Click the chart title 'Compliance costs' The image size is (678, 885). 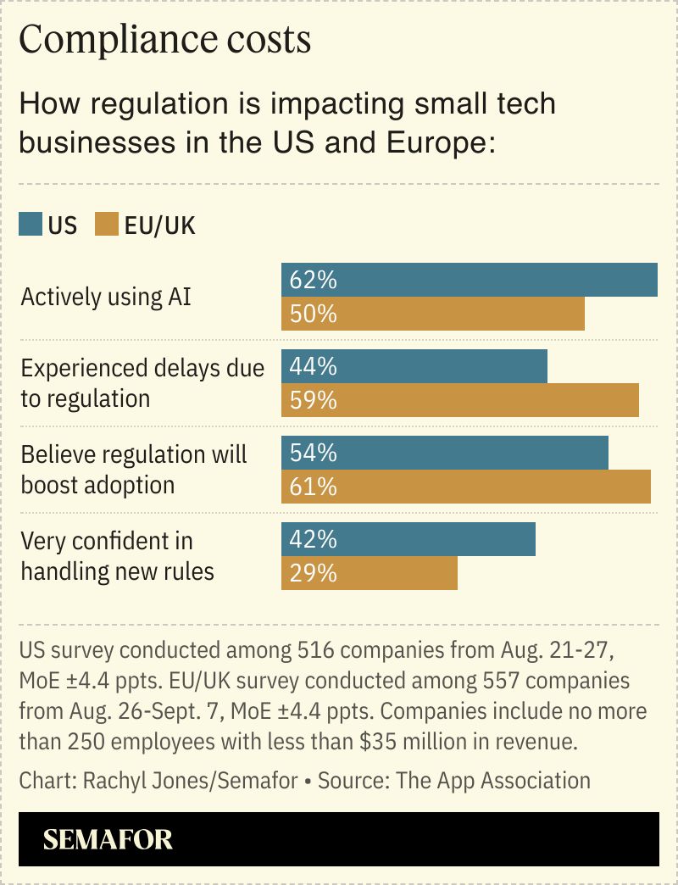[x=164, y=40]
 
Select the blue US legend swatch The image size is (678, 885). [x=31, y=225]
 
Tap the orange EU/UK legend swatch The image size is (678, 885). [x=107, y=225]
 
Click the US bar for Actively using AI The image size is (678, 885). [x=470, y=280]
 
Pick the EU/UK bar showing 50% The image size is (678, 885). [x=433, y=314]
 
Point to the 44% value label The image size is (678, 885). [x=313, y=366]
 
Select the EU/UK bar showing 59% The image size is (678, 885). [x=460, y=400]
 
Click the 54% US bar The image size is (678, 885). [x=445, y=453]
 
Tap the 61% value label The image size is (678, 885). [x=313, y=487]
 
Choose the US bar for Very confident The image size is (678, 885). [x=408, y=539]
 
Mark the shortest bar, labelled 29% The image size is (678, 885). [x=370, y=573]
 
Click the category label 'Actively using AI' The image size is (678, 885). [x=106, y=298]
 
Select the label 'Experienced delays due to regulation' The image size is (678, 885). [x=142, y=383]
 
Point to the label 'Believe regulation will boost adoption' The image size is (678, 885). [x=133, y=470]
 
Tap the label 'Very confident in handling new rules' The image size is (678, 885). [x=117, y=556]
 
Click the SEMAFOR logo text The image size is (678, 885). [x=108, y=839]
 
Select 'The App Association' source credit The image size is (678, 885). [x=498, y=780]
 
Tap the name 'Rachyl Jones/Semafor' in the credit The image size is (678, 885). [x=190, y=780]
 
